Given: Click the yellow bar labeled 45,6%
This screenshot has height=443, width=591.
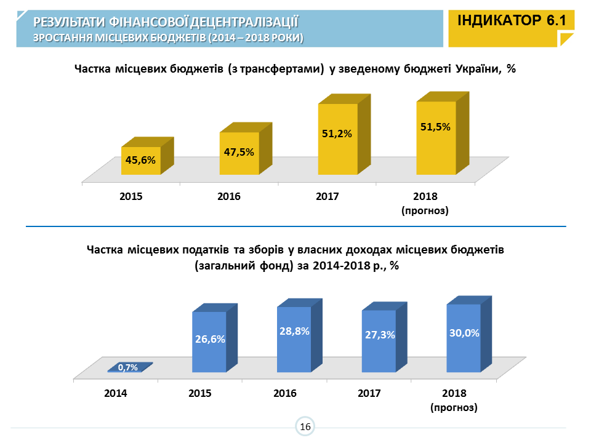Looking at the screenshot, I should (x=140, y=161).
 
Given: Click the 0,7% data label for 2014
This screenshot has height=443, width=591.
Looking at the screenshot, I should (x=127, y=368).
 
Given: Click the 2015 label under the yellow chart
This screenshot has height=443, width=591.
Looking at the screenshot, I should (x=131, y=197).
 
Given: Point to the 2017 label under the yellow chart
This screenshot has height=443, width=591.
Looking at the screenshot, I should (x=328, y=197).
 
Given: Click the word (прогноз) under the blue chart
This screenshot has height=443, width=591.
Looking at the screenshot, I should (x=454, y=407).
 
